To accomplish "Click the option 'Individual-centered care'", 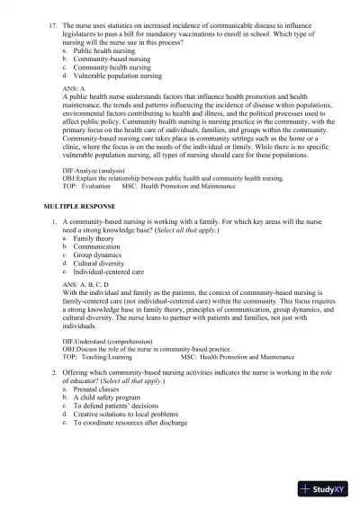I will [x=110, y=272].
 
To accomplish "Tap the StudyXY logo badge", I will [x=328, y=489].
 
